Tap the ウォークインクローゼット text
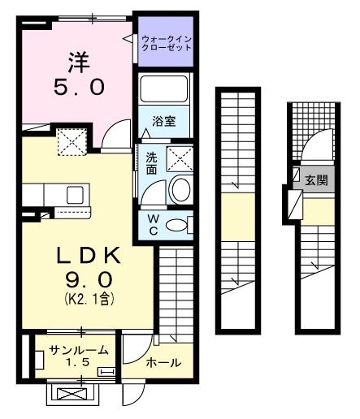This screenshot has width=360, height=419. tap(167, 43)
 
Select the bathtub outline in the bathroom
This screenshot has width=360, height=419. tap(164, 91)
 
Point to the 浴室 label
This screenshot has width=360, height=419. tap(165, 122)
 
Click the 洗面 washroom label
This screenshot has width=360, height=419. tap(152, 164)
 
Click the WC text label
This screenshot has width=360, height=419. tap(153, 225)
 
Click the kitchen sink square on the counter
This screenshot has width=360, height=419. tap(76, 195)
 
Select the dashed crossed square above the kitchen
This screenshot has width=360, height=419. tap(72, 142)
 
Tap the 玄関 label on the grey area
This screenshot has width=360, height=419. tap(316, 180)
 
